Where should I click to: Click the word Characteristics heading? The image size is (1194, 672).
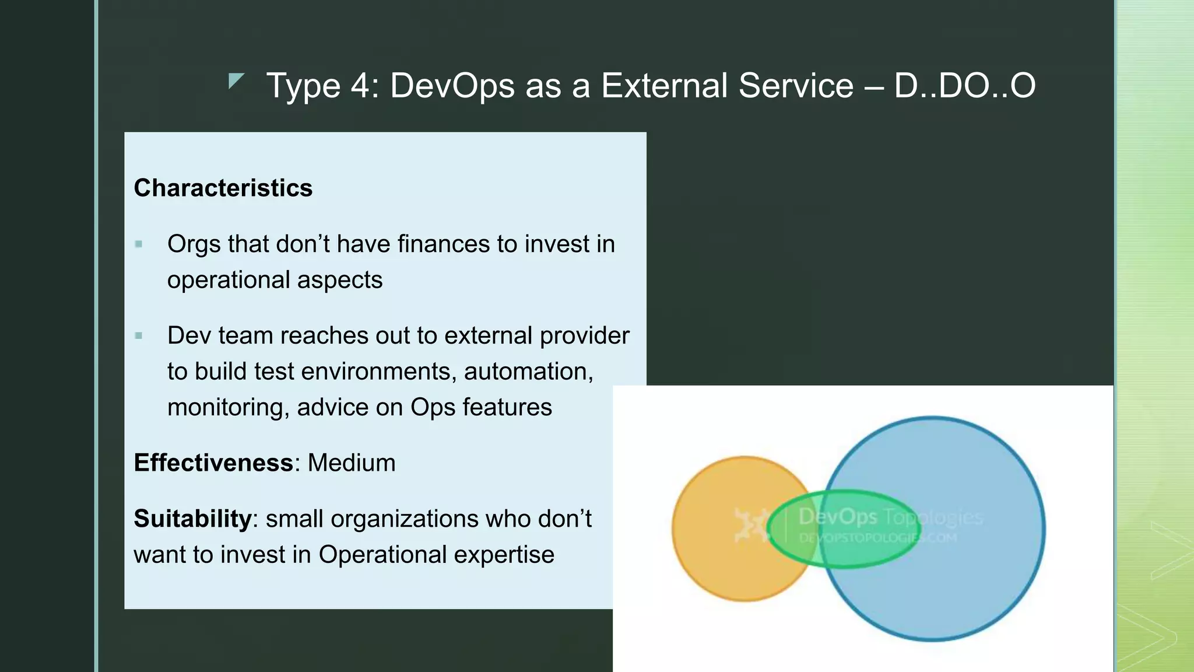[x=223, y=188]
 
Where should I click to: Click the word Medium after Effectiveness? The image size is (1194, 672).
[x=351, y=463]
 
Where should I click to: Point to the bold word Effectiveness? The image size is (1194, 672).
[x=213, y=463]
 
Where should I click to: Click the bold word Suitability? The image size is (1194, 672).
[x=192, y=519]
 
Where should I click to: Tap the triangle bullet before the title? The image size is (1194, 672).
[x=235, y=81]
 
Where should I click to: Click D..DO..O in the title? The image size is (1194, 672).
[x=964, y=86]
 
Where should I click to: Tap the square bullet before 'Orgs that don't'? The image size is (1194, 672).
[x=139, y=244]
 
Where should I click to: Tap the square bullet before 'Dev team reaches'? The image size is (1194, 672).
[x=139, y=335]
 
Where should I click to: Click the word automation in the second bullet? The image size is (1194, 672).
[x=528, y=372]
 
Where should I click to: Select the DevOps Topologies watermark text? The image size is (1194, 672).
[x=890, y=516]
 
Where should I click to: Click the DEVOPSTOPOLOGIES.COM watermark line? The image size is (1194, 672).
[x=877, y=538]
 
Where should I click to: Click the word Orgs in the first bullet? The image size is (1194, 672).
[x=193, y=244]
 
